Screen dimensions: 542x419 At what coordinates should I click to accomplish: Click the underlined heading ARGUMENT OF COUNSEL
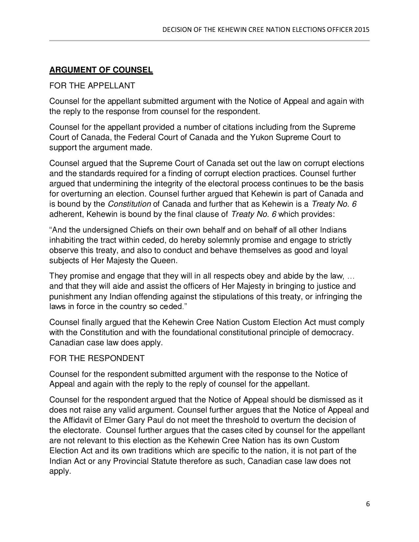[x=101, y=70]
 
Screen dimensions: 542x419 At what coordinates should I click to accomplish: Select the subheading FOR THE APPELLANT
[x=92, y=86]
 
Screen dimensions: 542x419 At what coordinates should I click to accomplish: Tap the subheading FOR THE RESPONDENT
[x=97, y=358]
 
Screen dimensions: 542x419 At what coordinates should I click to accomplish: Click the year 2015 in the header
[x=362, y=30]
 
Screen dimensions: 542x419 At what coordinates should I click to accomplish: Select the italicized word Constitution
[x=129, y=204]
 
